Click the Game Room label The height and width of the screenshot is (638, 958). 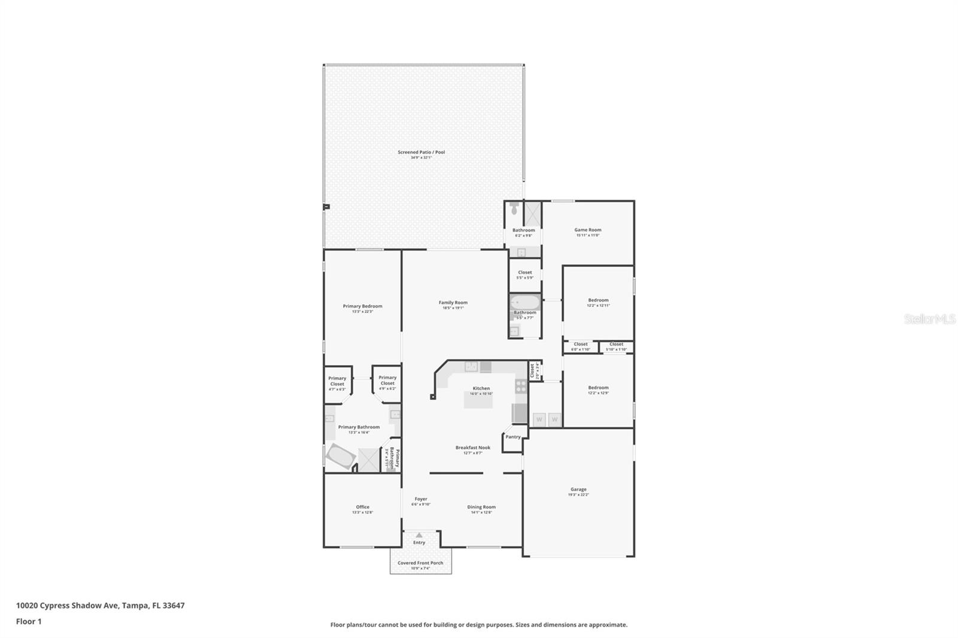[587, 230]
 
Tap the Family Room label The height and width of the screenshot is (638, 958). [453, 303]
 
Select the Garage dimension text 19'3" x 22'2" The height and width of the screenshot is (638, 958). [578, 495]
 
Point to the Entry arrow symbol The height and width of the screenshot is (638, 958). [419, 535]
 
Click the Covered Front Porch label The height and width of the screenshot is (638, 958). [420, 563]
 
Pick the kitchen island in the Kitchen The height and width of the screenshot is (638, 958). [478, 400]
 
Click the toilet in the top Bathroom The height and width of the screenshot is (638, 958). [514, 209]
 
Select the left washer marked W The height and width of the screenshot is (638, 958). [539, 420]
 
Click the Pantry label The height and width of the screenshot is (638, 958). [513, 437]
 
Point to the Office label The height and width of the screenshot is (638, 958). [362, 507]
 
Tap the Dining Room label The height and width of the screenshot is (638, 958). [481, 507]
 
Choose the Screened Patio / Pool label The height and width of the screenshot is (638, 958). [421, 152]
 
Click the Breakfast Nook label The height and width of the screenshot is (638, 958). [472, 448]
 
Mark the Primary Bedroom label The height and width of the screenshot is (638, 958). [362, 306]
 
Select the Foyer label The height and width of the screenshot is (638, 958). [421, 499]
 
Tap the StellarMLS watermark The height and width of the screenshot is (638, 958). [929, 320]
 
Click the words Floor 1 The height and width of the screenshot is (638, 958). [29, 621]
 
